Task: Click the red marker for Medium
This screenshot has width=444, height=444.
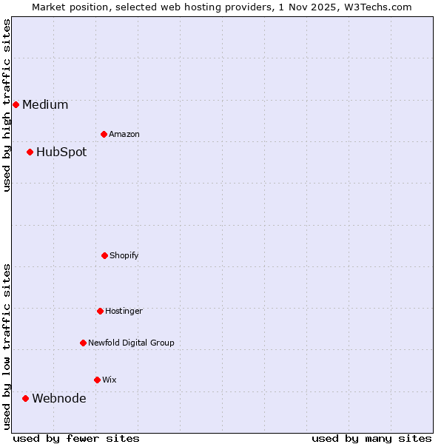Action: [16, 104]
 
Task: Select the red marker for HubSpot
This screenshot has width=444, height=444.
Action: [30, 152]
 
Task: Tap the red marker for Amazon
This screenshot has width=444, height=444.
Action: [104, 134]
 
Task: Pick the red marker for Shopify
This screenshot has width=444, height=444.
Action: [104, 255]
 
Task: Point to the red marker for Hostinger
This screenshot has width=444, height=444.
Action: [100, 311]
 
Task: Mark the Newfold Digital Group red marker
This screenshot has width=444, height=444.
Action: [83, 343]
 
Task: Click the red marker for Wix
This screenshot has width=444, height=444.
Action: [97, 380]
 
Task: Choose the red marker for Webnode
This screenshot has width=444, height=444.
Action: [25, 398]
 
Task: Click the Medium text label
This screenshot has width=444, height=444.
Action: [45, 104]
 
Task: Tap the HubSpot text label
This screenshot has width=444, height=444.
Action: [61, 152]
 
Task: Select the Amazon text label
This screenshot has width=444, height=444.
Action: [124, 134]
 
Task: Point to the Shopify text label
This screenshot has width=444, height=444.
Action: [124, 255]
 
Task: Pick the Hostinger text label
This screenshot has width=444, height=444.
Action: [124, 311]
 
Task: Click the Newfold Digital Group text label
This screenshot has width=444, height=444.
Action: [131, 343]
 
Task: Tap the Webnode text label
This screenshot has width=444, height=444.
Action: [58, 398]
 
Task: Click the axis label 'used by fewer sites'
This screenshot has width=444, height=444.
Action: [76, 438]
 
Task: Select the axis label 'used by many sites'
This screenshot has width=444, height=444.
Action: [371, 438]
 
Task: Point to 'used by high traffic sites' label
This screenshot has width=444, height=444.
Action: [7, 105]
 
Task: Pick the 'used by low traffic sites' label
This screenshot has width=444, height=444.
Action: [7, 346]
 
